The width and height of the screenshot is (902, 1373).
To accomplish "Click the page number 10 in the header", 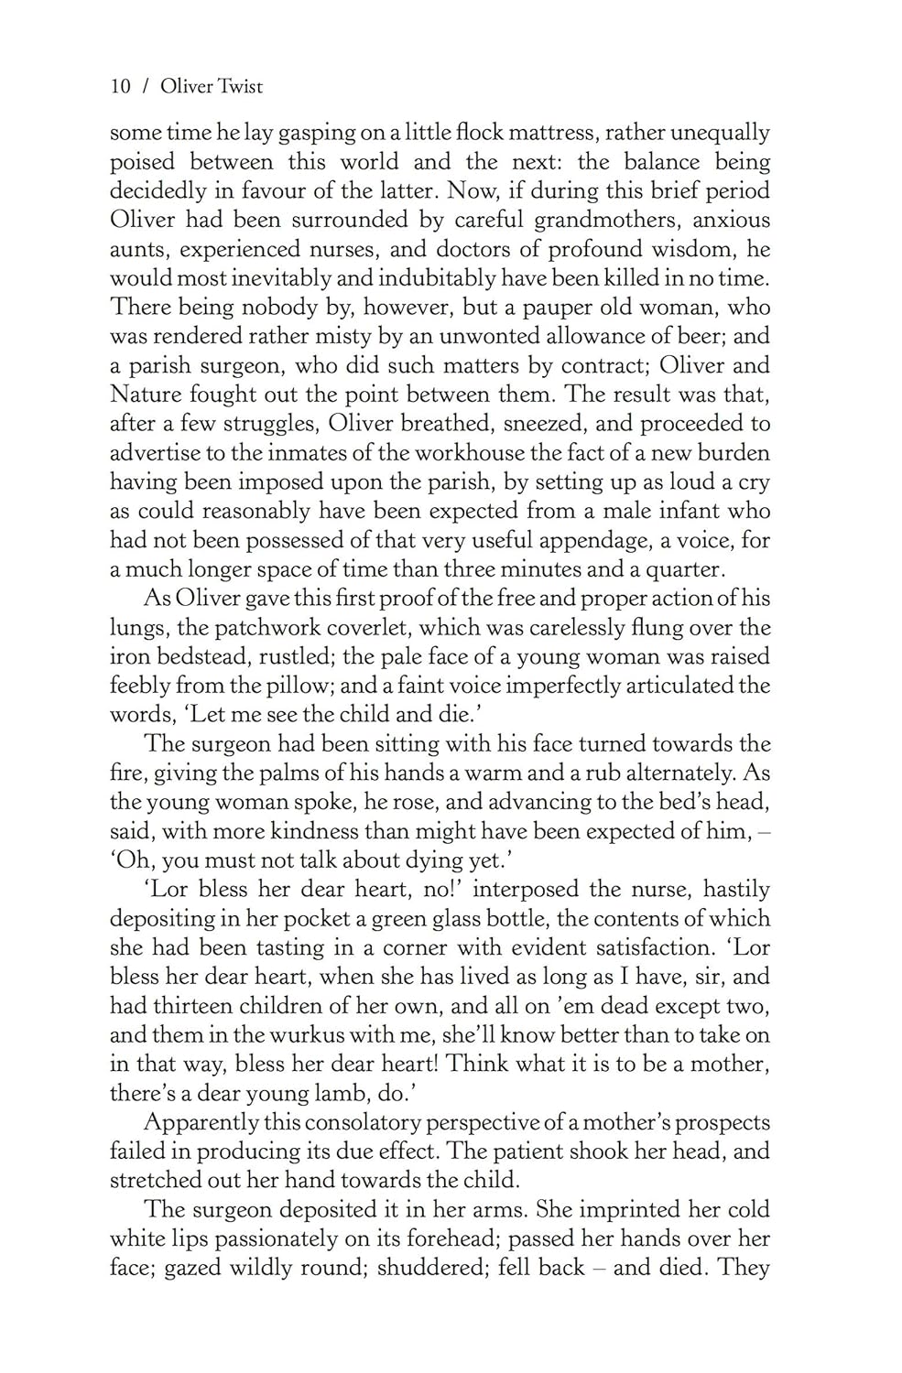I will pos(120,87).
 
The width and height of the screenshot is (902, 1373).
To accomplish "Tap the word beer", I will pos(696,337).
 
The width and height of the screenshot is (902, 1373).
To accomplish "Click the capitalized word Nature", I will pos(145,395).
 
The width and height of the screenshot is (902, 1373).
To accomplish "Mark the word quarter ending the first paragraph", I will pos(685,570).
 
